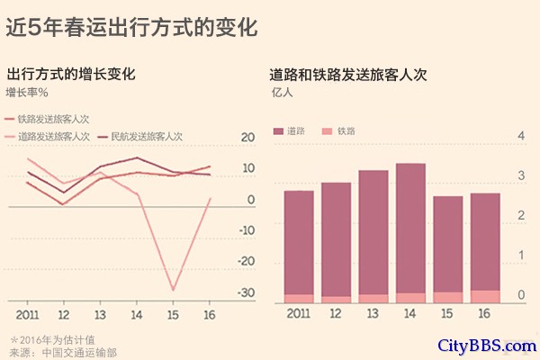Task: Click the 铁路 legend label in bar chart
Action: (346, 131)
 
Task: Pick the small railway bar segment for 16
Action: (484, 296)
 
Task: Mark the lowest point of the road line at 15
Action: (173, 290)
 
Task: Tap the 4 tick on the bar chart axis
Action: (520, 136)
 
